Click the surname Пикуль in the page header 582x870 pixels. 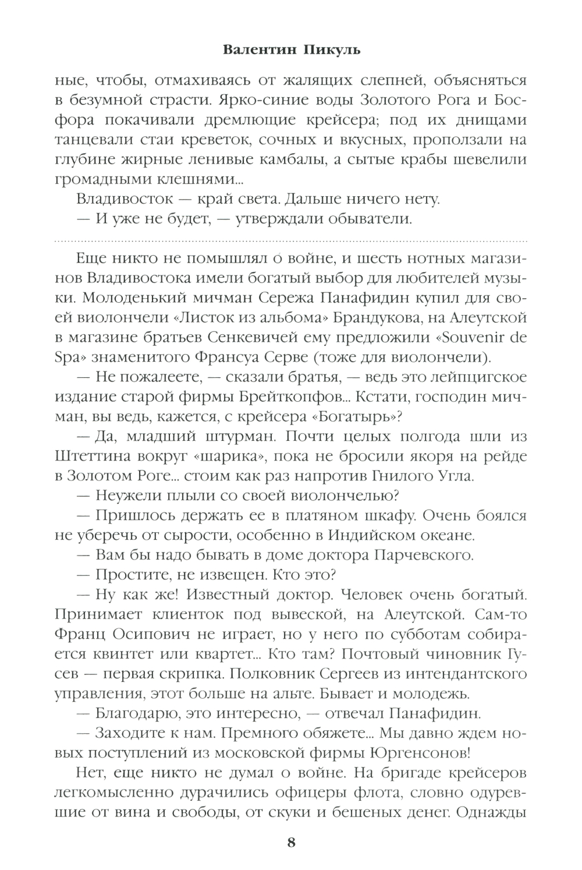coord(332,49)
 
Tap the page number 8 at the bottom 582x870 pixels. coord(291,843)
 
